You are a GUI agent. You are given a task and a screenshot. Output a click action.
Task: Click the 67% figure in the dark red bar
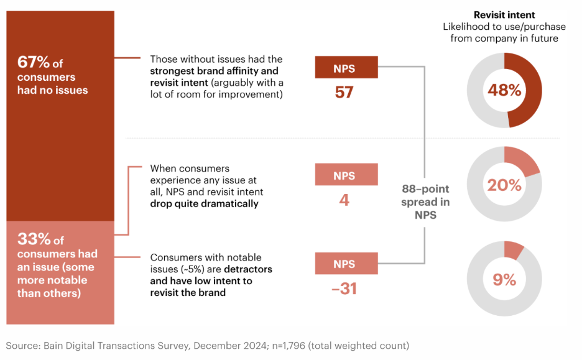pyautogui.click(x=32, y=63)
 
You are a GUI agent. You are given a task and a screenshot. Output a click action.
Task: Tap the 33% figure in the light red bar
pyautogui.click(x=32, y=239)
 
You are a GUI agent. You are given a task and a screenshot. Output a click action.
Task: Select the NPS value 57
pyautogui.click(x=344, y=93)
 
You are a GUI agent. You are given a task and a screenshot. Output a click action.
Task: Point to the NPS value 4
pyautogui.click(x=344, y=200)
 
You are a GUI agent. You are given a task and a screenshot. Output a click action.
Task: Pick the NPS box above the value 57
pyautogui.click(x=346, y=68)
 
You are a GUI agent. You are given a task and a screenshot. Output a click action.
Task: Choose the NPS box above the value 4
pyautogui.click(x=346, y=175)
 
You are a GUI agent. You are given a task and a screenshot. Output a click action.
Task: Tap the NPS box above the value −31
pyautogui.click(x=346, y=263)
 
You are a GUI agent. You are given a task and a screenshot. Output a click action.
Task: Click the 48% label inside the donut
pyautogui.click(x=504, y=90)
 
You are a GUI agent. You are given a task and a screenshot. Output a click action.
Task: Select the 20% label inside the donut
pyautogui.click(x=504, y=185)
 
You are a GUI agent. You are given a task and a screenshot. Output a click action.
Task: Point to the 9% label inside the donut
pyautogui.click(x=504, y=280)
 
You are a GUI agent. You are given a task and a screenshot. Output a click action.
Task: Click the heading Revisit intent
pyautogui.click(x=504, y=15)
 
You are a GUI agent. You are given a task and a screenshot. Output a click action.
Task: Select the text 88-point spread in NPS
pyautogui.click(x=425, y=201)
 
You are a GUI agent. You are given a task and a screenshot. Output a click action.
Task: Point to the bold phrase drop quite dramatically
pyautogui.click(x=204, y=203)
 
